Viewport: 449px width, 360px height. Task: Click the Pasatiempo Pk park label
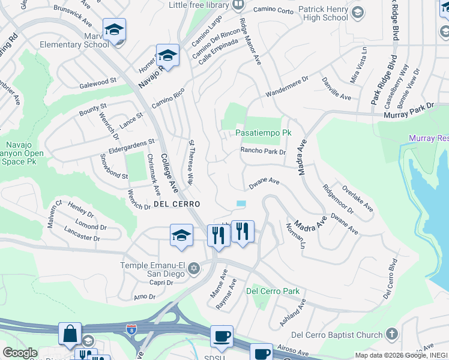point(263,132)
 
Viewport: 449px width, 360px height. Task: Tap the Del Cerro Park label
point(273,292)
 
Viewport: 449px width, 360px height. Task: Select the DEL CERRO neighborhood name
point(177,204)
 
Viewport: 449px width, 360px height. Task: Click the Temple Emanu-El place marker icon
point(193,268)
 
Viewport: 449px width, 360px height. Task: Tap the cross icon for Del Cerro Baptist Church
point(391,334)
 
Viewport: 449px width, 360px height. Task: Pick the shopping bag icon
point(70,334)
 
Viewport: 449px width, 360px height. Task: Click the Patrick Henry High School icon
point(358,12)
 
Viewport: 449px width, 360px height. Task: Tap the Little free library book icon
point(238,5)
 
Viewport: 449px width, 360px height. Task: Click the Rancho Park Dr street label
point(263,151)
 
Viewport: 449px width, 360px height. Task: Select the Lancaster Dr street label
point(82,234)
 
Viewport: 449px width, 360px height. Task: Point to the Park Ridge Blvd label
point(385,80)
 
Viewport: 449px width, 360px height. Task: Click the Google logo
point(20,353)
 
